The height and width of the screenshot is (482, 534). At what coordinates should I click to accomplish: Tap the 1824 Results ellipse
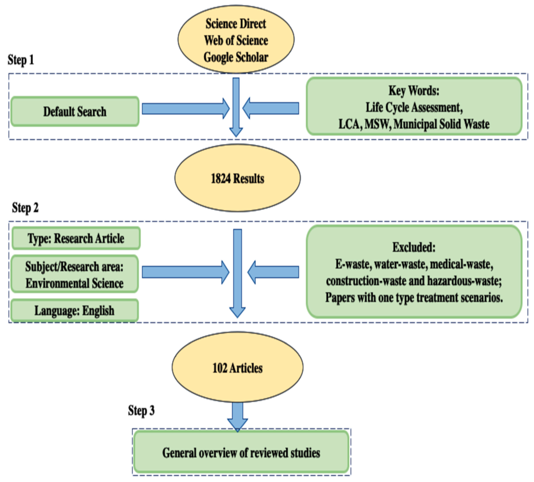point(237,178)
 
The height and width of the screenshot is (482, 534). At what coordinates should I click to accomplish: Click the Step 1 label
point(21,60)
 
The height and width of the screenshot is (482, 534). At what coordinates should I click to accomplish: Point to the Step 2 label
point(25,208)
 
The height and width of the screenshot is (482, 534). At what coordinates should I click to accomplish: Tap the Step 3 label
point(141,410)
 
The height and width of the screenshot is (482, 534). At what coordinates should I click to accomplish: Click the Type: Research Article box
point(76,238)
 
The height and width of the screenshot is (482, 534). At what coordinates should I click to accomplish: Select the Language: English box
point(74,310)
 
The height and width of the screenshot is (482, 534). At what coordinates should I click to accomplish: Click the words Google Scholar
point(236,57)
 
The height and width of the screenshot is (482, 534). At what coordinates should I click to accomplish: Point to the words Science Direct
point(236,24)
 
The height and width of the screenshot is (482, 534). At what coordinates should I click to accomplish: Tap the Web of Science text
point(236,40)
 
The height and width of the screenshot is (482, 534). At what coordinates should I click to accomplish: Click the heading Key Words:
point(414,91)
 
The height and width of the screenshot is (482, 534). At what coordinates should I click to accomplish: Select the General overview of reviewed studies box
point(241,453)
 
